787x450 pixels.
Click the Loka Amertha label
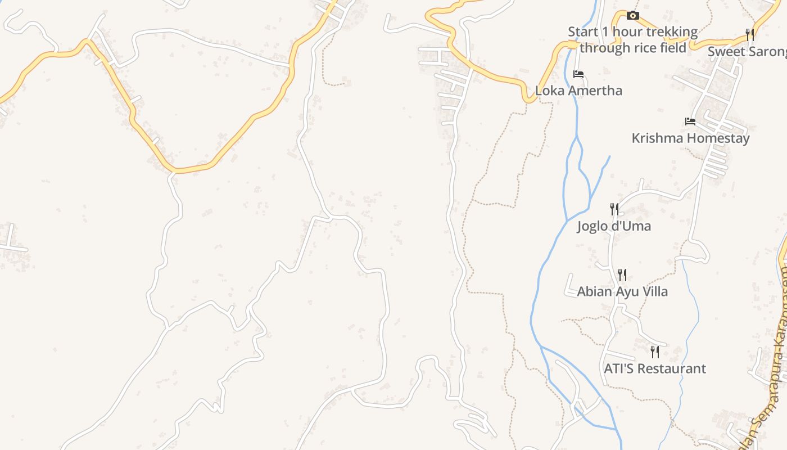coord(578,91)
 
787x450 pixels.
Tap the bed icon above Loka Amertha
coord(578,74)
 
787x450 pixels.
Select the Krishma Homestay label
coord(690,138)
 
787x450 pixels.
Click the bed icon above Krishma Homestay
coord(690,121)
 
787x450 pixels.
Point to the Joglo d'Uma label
coord(614,226)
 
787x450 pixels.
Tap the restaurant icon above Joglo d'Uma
coord(614,209)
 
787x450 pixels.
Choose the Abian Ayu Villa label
coord(622,291)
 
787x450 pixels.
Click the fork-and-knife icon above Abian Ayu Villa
coord(622,275)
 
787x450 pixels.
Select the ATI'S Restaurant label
coord(655,369)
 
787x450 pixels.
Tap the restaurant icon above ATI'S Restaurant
coord(655,352)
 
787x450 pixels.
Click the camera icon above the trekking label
coord(633,15)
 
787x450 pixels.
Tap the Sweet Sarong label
coord(747,52)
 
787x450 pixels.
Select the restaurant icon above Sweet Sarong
coord(750,35)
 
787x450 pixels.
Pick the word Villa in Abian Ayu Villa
coord(654,291)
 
